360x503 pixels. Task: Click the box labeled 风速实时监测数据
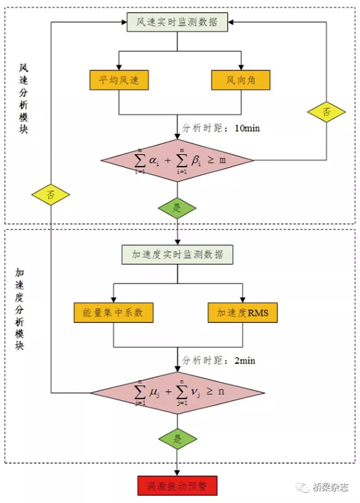coord(177,22)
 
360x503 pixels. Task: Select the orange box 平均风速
coord(119,80)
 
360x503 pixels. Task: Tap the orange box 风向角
coord(241,80)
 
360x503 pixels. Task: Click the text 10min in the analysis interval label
coord(247,128)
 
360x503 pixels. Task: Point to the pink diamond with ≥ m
coord(177,161)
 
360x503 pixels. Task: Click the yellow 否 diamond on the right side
coord(326,112)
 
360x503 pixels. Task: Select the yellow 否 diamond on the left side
coord(51,195)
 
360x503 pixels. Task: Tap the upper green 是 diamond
coord(177,209)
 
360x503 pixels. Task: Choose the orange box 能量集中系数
coord(113,313)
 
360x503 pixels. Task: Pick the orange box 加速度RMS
coord(243,313)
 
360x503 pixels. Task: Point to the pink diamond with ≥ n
coord(177,392)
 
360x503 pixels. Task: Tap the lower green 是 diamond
coord(177,439)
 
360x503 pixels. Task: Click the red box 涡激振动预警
coord(176,486)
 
